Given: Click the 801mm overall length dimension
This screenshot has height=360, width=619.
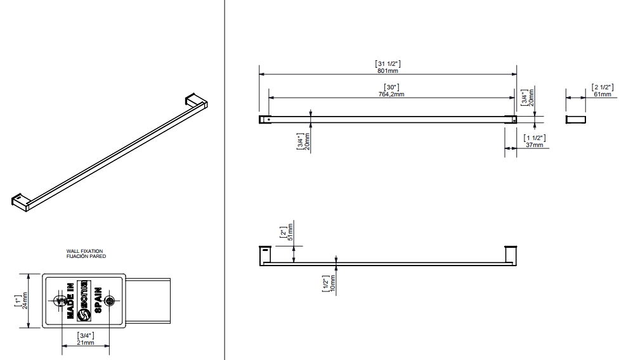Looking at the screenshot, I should tap(388, 70).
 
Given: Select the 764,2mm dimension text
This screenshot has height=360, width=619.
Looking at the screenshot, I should tap(391, 94).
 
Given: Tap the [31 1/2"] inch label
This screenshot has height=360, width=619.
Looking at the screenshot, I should tap(388, 63).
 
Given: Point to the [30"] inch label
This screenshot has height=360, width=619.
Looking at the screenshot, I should tap(391, 87).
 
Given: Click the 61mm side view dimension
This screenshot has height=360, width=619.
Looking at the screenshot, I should tap(602, 94).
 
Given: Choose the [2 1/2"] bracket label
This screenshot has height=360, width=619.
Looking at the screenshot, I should tap(602, 86).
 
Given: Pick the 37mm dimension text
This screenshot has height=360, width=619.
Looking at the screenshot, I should tap(535, 145).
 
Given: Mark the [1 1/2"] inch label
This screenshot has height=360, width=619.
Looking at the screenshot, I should tap(535, 138).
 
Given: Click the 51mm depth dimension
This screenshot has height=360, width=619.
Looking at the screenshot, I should tap(290, 233).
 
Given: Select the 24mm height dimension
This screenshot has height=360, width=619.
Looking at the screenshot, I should tap(25, 301).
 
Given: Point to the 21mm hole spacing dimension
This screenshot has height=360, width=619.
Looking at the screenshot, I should tap(85, 342).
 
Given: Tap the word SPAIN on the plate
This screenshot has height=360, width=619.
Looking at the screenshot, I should tap(99, 301).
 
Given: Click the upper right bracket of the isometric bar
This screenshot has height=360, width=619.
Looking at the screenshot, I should tap(195, 101).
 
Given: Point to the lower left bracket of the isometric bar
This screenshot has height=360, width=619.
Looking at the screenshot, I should tap(21, 200).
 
